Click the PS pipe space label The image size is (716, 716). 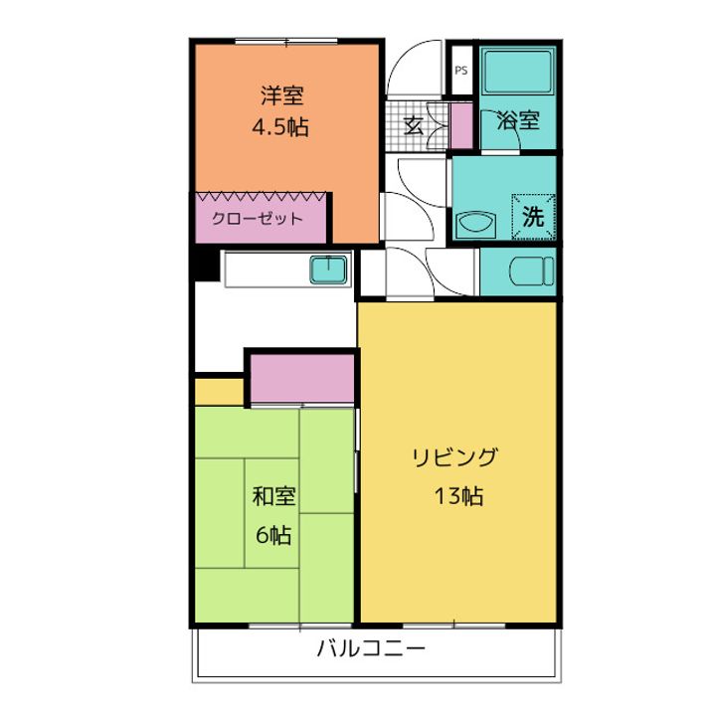[461, 71]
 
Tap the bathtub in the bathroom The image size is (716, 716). [517, 72]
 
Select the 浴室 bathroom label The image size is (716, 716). [518, 120]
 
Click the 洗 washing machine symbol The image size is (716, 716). [533, 217]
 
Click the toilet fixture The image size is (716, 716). [531, 271]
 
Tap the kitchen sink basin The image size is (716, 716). [328, 269]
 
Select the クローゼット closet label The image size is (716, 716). [258, 219]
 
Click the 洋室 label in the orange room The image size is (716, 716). [282, 95]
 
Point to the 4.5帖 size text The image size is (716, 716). [280, 127]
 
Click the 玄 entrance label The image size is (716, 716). [414, 125]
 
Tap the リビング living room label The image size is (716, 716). [454, 457]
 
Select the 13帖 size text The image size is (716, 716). [458, 496]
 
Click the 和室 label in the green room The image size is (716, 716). [274, 496]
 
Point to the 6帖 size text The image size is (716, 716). [273, 535]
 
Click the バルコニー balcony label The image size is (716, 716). [371, 648]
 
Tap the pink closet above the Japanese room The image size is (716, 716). [302, 379]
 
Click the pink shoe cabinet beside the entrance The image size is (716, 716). [461, 125]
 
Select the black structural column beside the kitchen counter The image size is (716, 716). [206, 265]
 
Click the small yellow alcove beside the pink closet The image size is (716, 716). [219, 392]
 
